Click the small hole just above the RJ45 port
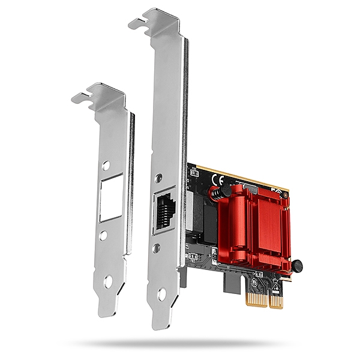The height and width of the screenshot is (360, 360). click(158, 178)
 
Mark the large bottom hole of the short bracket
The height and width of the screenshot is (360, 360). click(108, 280)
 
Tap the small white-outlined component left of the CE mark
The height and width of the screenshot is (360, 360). click(194, 172)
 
